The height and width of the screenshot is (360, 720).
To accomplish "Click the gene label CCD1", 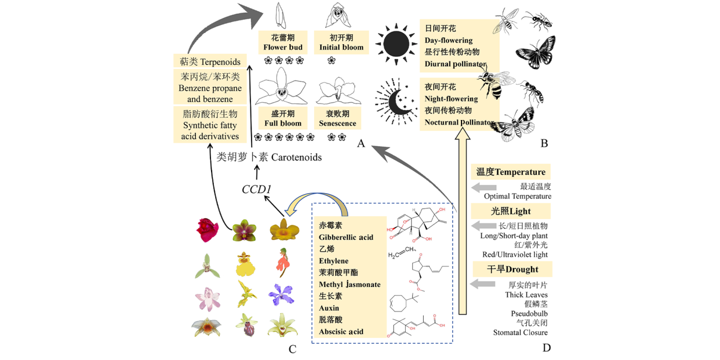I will [x=256, y=189].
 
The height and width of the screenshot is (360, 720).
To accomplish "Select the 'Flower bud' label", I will [x=283, y=47].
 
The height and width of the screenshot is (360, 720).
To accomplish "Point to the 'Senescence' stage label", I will [x=337, y=123].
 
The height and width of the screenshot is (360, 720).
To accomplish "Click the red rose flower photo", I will [x=207, y=230].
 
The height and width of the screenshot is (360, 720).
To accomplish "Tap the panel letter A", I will [x=361, y=143].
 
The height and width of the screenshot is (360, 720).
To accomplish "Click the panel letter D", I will [x=546, y=347].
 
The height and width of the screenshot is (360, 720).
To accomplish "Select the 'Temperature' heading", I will [x=511, y=172].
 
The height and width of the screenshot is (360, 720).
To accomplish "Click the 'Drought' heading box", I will [x=512, y=269].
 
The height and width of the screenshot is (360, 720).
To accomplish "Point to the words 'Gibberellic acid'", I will [x=346, y=237].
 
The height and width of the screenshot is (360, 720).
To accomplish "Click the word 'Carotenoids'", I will [x=296, y=157].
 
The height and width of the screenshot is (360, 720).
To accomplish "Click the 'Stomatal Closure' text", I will [x=520, y=333].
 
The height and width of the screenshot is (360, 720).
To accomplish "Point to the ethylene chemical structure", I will [x=403, y=254].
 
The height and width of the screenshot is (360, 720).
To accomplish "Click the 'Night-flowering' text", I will [x=451, y=98].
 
